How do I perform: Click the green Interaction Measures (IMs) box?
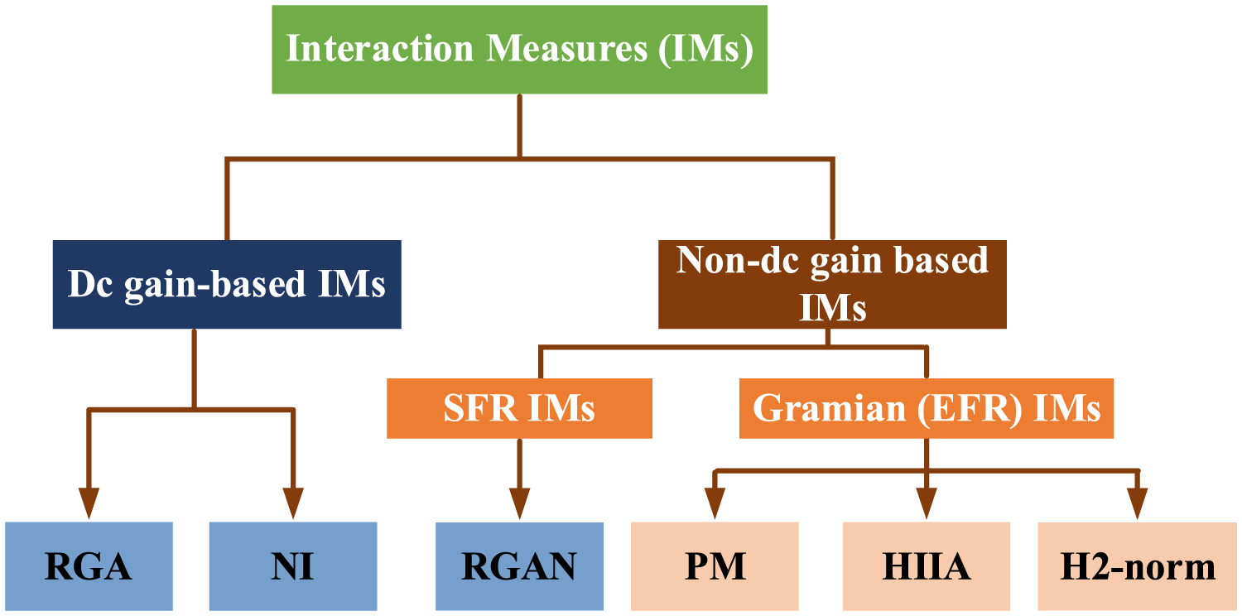(x=519, y=49)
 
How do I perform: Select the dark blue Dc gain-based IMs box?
(x=227, y=284)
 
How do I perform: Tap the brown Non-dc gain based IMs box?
(x=832, y=284)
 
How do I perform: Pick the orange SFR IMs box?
(x=519, y=408)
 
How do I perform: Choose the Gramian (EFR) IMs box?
(x=926, y=408)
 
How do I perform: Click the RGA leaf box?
(x=89, y=566)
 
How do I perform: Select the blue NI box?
(x=292, y=566)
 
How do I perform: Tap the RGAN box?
(x=519, y=566)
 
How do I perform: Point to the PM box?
(x=715, y=566)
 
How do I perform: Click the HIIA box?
(x=926, y=566)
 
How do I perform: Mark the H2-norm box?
(x=1137, y=566)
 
